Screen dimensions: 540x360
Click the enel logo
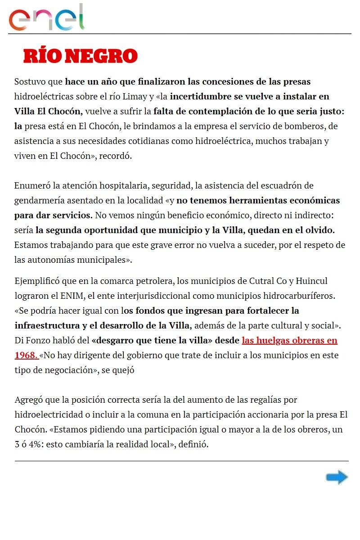click(x=47, y=18)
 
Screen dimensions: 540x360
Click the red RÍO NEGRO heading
click(x=81, y=56)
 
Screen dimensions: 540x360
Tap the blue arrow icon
click(x=337, y=477)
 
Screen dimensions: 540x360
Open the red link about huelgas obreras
click(x=289, y=340)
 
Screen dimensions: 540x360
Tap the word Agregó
click(x=28, y=400)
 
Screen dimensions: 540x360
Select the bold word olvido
click(x=320, y=230)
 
